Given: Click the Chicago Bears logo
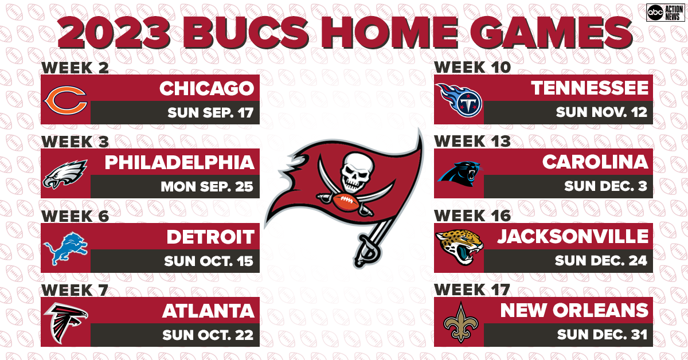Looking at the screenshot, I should pyautogui.click(x=66, y=99).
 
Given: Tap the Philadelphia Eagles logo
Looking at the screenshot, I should pyautogui.click(x=65, y=174).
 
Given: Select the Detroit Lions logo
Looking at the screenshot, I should pyautogui.click(x=65, y=248).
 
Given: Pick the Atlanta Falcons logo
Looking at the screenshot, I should pyautogui.click(x=65, y=322).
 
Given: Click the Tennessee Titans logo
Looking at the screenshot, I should pyautogui.click(x=459, y=99).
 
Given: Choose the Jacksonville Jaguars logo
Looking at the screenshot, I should pyautogui.click(x=459, y=248).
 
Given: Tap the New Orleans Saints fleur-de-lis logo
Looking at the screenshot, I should pyautogui.click(x=459, y=322).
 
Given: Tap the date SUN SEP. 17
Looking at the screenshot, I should pyautogui.click(x=210, y=112).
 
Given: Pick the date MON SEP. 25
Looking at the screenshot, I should pyautogui.click(x=207, y=187).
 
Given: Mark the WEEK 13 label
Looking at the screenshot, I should pyautogui.click(x=472, y=141).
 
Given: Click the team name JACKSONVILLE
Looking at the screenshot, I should pyautogui.click(x=573, y=236).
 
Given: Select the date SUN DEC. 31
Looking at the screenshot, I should pyautogui.click(x=601, y=335).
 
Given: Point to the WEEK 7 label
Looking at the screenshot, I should pyautogui.click(x=75, y=289).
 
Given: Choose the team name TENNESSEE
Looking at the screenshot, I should pyautogui.click(x=590, y=88).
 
